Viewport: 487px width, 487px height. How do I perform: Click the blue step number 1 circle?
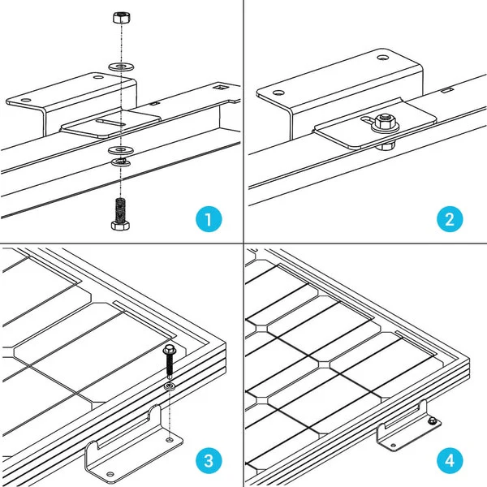click(x=209, y=219)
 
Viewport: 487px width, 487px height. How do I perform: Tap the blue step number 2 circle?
click(x=451, y=219)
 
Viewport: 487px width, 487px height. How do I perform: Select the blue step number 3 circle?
click(x=209, y=461)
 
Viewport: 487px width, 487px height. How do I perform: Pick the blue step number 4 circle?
click(x=451, y=461)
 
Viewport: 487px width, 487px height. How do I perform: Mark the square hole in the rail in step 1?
click(x=217, y=84)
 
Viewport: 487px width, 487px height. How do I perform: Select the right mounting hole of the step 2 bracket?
click(x=382, y=58)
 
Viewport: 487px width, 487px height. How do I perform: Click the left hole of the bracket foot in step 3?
click(x=98, y=444)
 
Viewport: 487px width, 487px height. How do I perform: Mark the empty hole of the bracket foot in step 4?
click(x=388, y=441)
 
